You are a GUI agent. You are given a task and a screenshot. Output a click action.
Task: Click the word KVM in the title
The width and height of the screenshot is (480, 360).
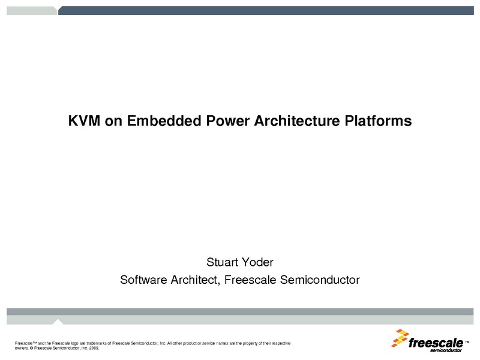coord(84,121)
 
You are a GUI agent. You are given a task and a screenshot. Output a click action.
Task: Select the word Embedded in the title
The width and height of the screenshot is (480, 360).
coord(164,121)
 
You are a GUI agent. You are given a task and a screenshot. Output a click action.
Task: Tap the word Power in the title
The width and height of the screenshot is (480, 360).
coord(228,121)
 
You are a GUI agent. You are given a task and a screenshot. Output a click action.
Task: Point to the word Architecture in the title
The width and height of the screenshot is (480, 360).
coord(297,121)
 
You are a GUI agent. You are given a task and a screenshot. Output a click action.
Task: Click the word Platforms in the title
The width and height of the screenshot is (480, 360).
coord(378,121)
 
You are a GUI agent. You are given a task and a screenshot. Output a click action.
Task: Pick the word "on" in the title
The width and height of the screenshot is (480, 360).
coord(113,122)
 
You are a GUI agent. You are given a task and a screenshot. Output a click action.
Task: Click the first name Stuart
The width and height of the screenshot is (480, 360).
coord(222,262)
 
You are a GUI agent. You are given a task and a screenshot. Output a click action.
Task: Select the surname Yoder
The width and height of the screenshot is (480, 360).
coord(258,262)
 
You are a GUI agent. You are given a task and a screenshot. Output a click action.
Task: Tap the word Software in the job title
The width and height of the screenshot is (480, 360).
coord(143,280)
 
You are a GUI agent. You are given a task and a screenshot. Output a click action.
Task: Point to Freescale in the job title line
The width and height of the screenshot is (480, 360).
coord(250,280)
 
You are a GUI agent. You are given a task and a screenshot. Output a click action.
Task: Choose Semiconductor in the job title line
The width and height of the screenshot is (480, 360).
coord(320,280)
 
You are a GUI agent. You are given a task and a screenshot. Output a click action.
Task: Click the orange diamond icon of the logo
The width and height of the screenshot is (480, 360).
coord(400,338)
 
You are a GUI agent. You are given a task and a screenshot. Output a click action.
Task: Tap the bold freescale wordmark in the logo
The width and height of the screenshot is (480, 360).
coord(436,343)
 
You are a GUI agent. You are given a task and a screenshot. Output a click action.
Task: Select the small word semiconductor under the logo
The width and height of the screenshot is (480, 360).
coord(446,350)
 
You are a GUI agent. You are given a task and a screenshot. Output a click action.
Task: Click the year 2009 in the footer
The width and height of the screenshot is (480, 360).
coord(94,348)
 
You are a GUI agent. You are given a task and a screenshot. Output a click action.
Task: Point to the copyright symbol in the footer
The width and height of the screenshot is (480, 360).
coord(32,348)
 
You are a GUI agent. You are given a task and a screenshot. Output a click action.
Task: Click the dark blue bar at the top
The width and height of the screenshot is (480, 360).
coord(266,10)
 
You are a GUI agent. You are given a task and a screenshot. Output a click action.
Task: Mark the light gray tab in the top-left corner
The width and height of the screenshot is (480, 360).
coord(32,10)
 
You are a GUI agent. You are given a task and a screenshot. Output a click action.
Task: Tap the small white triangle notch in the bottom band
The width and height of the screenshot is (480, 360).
coord(58,322)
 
